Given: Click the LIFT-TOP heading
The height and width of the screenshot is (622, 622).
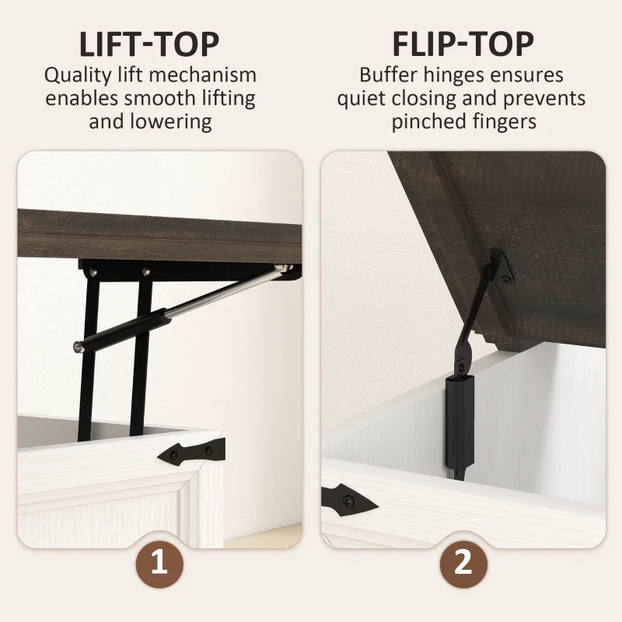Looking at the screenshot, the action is pyautogui.click(x=149, y=44).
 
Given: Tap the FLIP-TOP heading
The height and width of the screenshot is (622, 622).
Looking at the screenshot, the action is pyautogui.click(x=463, y=44).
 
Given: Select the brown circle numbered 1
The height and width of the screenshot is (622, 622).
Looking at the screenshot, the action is pyautogui.click(x=159, y=564).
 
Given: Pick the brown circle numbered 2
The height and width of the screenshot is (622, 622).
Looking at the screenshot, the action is pyautogui.click(x=463, y=564).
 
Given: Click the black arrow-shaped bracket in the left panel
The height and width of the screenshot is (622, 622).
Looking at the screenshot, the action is pyautogui.click(x=191, y=452).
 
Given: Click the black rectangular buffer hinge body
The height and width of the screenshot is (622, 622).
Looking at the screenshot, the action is pyautogui.click(x=460, y=422).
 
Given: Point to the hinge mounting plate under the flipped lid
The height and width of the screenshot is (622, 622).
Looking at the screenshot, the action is pyautogui.click(x=501, y=266).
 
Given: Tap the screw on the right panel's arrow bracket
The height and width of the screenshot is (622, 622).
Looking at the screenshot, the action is pyautogui.click(x=348, y=501).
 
